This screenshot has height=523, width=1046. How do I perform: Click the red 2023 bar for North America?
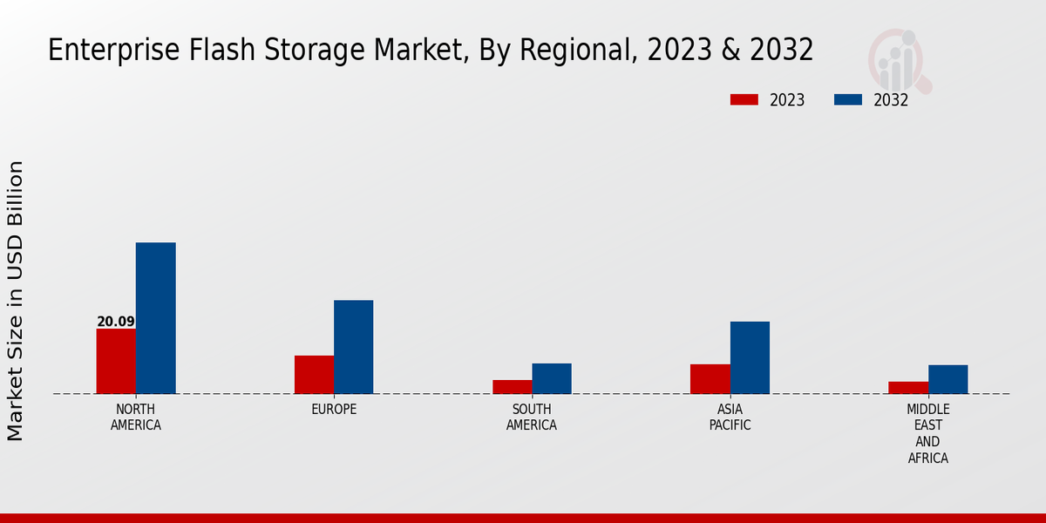point(116,361)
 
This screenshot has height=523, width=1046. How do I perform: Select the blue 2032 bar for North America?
point(155,318)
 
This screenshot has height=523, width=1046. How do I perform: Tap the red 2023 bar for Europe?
point(314,375)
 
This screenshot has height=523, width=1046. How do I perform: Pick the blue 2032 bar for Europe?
point(353,347)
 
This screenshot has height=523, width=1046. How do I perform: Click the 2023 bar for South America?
point(512,387)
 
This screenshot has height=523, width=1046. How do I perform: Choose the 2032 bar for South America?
point(551,378)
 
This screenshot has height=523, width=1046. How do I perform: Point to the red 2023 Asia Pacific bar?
point(710,379)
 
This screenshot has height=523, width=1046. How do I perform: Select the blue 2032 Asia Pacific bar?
point(750,357)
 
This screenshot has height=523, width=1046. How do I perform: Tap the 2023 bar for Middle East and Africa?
point(907,388)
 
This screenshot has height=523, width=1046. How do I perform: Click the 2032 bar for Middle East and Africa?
point(948,379)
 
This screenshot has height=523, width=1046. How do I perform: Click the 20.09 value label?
point(116,322)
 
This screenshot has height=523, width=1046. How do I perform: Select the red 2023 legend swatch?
point(744,99)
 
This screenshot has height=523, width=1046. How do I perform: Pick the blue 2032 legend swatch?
point(847,99)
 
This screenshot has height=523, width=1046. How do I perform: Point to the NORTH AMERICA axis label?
point(136,418)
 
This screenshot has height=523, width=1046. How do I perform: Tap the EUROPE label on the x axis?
point(334,410)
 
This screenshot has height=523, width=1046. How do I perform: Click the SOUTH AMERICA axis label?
point(532,418)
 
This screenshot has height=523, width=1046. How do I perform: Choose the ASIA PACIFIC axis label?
point(730,418)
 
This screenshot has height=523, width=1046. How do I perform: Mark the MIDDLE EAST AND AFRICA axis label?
point(927,433)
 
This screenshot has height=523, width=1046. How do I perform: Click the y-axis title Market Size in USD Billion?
point(16,301)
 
